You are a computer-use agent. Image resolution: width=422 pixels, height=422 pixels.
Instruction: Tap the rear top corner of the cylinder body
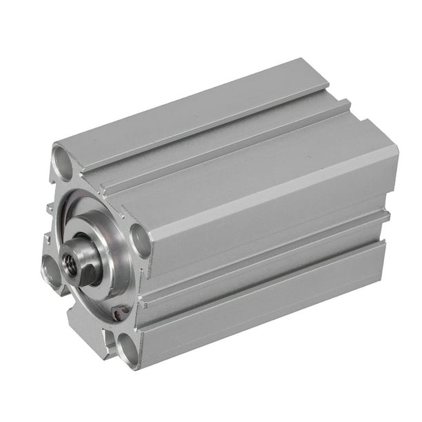click(x=324, y=66)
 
